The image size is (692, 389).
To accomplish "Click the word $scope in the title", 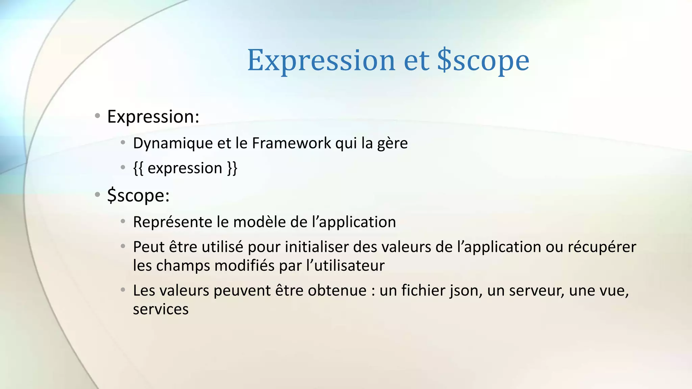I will click(x=483, y=61).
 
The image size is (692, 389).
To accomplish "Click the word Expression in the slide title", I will click(x=321, y=61).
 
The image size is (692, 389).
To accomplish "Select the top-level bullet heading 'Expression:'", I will click(x=153, y=117).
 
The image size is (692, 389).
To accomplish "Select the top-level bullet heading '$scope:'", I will click(x=138, y=196).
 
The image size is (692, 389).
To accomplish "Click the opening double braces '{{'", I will click(x=138, y=168).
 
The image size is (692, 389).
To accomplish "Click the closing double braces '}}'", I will click(x=232, y=168).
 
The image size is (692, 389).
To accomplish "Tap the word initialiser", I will click(x=317, y=247).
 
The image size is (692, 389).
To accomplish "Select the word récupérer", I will click(x=602, y=247).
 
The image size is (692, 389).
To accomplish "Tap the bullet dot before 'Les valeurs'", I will click(x=123, y=290).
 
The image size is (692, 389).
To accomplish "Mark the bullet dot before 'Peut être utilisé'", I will click(x=123, y=246).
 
